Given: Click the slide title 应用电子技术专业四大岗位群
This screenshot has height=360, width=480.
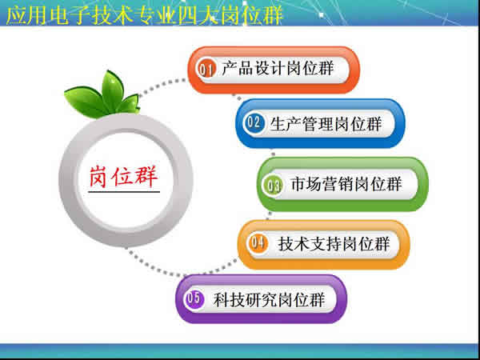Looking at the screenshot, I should pos(145,15).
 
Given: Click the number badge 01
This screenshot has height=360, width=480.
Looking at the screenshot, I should pos(206,70).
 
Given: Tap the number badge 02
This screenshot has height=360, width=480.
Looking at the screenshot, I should pos(254,123).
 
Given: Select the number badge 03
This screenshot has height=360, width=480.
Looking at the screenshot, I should pos(274,186).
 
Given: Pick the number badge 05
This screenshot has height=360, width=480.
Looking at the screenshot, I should pos(194,300).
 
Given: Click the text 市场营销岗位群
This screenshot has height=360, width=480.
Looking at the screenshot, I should pos(346,185).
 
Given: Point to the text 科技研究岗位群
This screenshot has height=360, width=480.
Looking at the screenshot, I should pos(269,300).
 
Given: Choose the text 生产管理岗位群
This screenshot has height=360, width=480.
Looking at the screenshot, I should pos(326,123).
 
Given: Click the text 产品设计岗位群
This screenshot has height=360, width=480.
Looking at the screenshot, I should pos(278,70).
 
